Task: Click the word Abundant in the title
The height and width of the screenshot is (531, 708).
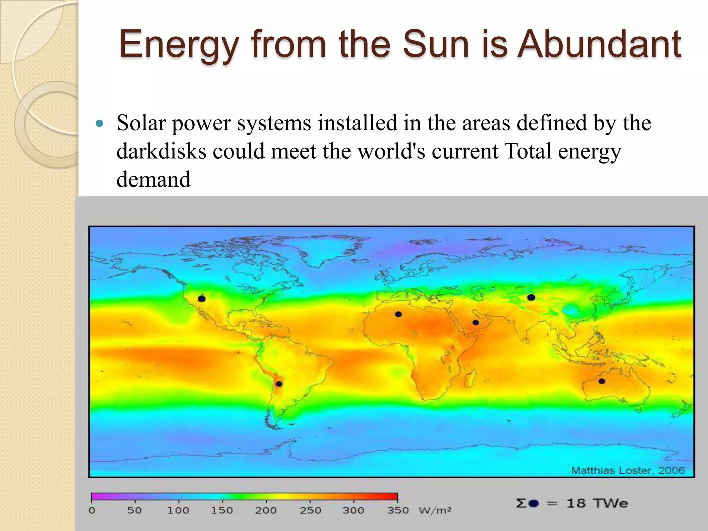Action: (599, 44)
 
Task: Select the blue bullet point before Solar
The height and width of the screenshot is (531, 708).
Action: (100, 123)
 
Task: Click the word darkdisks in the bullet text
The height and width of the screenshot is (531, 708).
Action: (161, 151)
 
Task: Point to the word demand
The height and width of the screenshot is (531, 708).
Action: (153, 180)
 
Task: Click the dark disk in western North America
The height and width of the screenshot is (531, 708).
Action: (202, 299)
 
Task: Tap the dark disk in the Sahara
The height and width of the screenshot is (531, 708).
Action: (398, 314)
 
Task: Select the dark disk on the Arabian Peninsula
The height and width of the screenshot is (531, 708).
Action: (476, 323)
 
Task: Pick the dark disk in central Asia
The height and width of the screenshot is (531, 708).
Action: (531, 297)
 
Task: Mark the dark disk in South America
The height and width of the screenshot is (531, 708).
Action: (279, 384)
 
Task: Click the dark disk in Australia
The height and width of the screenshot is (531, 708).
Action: (602, 381)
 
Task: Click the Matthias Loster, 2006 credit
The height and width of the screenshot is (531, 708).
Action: (628, 470)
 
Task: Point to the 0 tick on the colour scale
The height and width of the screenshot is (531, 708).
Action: (92, 510)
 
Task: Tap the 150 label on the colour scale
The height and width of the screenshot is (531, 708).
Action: (222, 510)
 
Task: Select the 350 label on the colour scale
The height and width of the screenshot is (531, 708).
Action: (398, 510)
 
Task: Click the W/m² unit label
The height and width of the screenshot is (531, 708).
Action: (435, 510)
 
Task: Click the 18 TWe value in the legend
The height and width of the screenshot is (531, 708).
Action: (597, 503)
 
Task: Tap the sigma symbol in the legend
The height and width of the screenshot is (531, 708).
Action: (521, 503)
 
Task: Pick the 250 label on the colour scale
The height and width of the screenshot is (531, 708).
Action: (310, 510)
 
